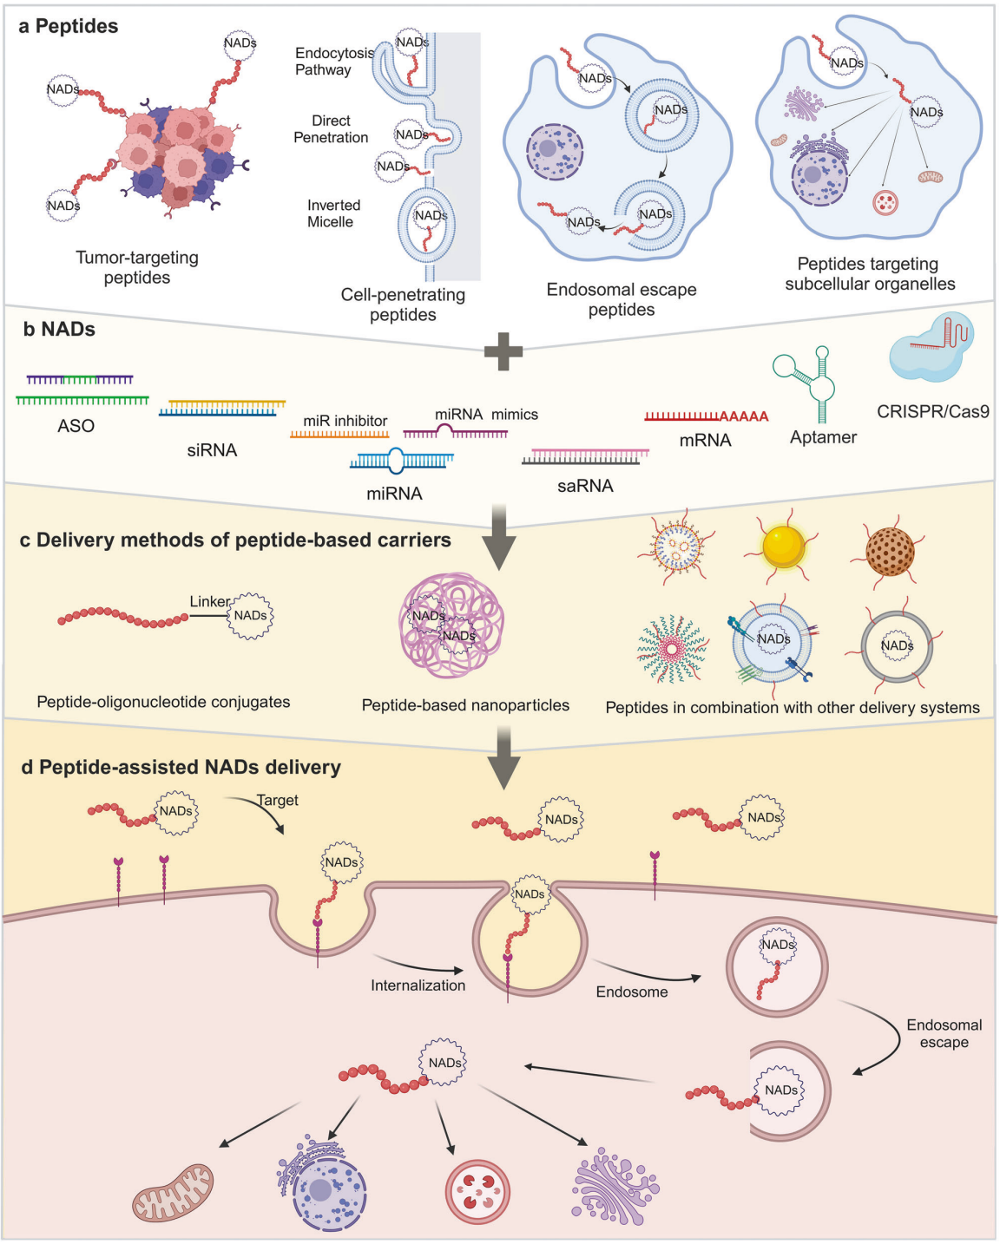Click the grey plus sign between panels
coord(503,351)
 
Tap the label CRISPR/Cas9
coord(932,411)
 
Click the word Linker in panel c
coord(210,602)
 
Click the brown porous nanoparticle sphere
coord(890,551)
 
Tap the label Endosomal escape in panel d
coord(944,1033)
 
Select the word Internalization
coord(418,985)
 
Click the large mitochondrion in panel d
coord(173,1193)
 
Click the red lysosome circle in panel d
coord(477,1191)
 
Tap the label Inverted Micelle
coord(333,213)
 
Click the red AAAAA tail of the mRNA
coord(744,416)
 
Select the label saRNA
coord(585,486)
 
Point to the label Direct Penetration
coord(331,129)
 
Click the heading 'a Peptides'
coord(69,26)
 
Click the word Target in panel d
coord(278,800)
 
